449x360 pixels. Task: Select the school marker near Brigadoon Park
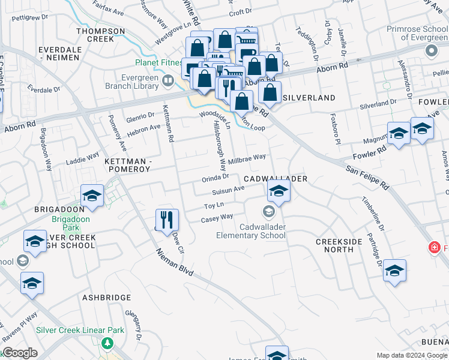(x=92, y=196)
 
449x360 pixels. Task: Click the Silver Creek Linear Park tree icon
(x=107, y=343)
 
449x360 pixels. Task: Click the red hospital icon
(x=433, y=247)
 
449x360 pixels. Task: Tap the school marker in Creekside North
(x=394, y=271)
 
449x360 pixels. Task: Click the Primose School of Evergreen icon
(x=432, y=52)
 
